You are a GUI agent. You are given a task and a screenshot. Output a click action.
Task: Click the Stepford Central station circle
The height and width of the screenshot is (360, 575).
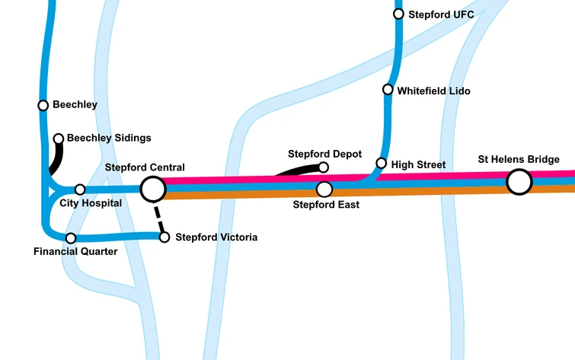point(152,188)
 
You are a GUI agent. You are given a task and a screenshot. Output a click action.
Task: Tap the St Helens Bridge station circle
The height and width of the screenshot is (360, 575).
point(519,182)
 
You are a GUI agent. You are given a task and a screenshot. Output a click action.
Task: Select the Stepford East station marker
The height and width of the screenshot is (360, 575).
point(324,189)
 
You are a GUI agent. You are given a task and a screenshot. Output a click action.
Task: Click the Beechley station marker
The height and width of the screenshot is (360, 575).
point(43,105)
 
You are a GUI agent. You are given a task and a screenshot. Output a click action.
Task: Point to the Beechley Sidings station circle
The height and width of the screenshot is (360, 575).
point(59,139)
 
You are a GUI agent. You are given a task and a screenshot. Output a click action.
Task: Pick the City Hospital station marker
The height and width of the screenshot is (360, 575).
point(80,190)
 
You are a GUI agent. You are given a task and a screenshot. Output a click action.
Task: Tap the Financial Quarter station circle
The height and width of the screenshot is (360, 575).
point(71,238)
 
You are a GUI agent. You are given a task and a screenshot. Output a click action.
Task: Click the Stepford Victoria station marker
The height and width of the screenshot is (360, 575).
point(164,237)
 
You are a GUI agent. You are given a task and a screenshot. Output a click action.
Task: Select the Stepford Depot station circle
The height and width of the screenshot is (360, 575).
point(323,167)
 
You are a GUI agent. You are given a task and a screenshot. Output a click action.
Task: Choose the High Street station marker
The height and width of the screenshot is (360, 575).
point(382,163)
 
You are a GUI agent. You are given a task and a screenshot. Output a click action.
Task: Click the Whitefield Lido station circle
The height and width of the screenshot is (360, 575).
point(388,90)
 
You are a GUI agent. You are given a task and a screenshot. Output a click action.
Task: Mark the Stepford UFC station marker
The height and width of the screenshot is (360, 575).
point(398,14)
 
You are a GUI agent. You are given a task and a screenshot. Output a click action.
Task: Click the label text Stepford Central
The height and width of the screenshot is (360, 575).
point(145,167)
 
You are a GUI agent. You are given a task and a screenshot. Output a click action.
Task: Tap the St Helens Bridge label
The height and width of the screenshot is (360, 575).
point(519,159)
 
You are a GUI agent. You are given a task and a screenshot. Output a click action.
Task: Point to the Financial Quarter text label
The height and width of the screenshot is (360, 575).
point(75,252)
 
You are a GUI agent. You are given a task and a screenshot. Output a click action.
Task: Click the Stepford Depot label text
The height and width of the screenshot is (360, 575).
point(324,154)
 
